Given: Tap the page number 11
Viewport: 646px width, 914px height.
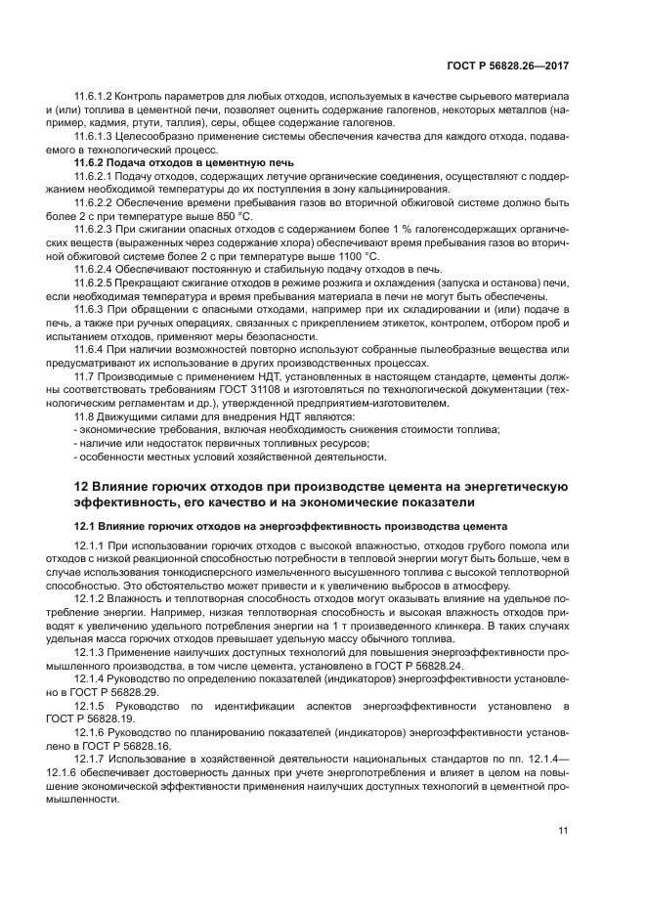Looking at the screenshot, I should click(x=563, y=831).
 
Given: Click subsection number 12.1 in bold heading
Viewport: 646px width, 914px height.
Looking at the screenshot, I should click(x=86, y=526).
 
